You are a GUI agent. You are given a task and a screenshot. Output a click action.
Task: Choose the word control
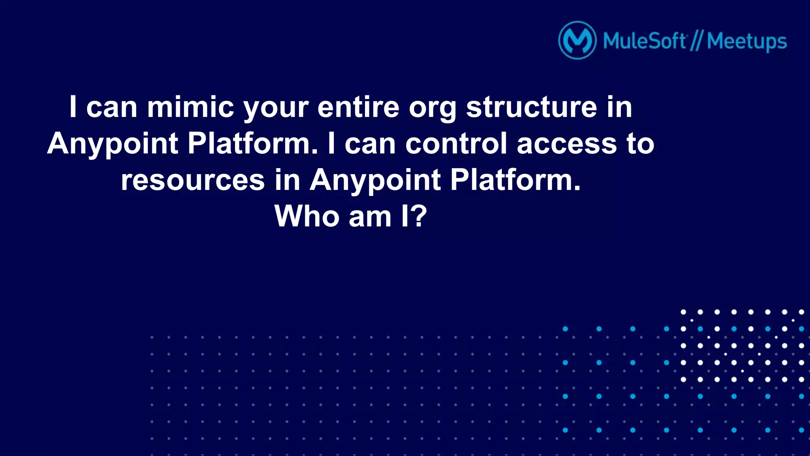(456, 143)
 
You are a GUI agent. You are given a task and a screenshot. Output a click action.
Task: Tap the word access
(566, 144)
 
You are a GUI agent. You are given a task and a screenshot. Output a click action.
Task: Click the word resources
(193, 180)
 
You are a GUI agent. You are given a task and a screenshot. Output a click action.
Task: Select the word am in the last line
(370, 217)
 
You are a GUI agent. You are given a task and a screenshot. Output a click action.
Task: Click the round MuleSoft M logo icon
(577, 40)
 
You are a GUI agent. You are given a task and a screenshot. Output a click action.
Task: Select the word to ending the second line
(640, 143)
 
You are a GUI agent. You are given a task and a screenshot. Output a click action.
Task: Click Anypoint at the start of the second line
(113, 144)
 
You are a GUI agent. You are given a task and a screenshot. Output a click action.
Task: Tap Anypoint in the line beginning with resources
(375, 180)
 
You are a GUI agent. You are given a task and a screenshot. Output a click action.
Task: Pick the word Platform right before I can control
(253, 143)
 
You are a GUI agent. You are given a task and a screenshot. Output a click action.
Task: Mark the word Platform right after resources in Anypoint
(515, 180)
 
